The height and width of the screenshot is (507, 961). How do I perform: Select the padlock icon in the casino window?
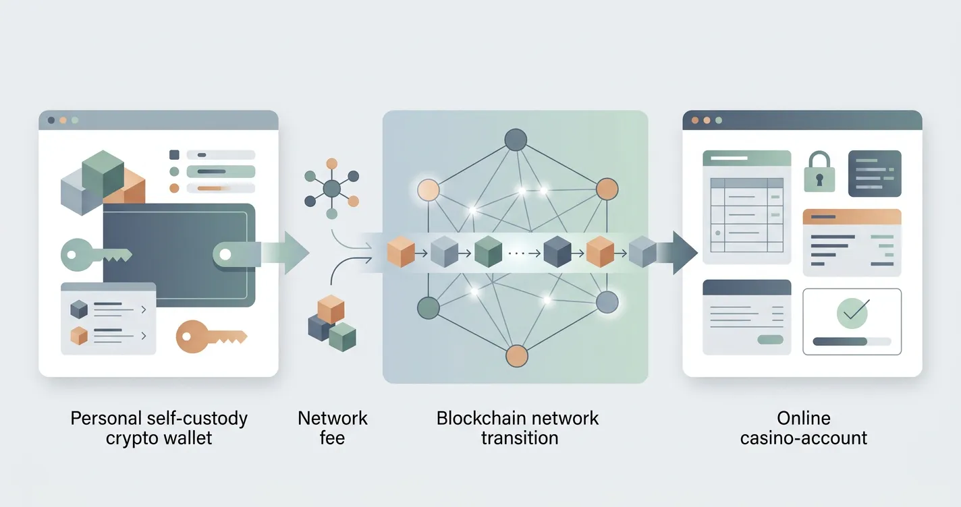pyautogui.click(x=819, y=172)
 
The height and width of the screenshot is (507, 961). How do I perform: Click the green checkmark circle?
pyautogui.click(x=852, y=314)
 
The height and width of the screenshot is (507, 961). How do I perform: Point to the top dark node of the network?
pyautogui.click(x=516, y=140)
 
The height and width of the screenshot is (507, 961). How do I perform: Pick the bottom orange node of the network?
pyautogui.click(x=516, y=356)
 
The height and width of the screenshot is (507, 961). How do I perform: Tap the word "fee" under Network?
pyautogui.click(x=332, y=438)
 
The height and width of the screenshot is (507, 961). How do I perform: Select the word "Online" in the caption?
pyautogui.click(x=804, y=418)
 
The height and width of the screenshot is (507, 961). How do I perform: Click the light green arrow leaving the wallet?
pyautogui.click(x=284, y=253)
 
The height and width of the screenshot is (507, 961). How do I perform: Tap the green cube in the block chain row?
pyautogui.click(x=488, y=252)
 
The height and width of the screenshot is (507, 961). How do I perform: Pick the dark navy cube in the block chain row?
pyautogui.click(x=557, y=252)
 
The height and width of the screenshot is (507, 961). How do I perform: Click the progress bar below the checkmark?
pyautogui.click(x=852, y=342)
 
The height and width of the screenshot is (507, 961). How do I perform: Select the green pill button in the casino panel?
pyautogui.click(x=770, y=340)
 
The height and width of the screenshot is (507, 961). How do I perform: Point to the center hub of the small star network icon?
pyautogui.click(x=331, y=189)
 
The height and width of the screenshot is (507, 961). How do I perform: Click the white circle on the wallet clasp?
pyautogui.click(x=225, y=255)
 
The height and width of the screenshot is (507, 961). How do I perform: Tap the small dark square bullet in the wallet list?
pyautogui.click(x=174, y=154)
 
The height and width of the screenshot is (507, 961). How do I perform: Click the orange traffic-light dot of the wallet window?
pyautogui.click(x=63, y=121)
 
